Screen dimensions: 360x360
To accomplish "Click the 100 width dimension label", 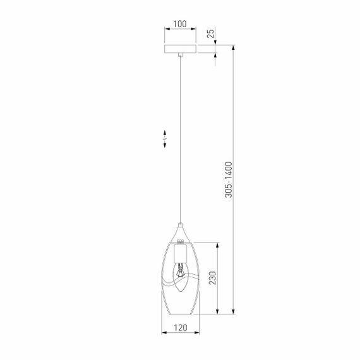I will click(x=180, y=25).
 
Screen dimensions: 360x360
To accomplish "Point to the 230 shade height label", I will click(x=212, y=279).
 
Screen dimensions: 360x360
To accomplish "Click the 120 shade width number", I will click(x=181, y=328).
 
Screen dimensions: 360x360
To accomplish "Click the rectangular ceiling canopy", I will click(x=181, y=48).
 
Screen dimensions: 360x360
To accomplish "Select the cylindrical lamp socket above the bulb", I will click(x=181, y=255).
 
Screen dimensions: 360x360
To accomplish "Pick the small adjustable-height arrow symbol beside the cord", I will click(x=164, y=140).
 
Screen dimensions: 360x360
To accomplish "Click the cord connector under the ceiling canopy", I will click(x=181, y=56).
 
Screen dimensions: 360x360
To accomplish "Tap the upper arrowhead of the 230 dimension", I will click(x=218, y=244).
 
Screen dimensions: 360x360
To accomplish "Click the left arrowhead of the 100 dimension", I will click(x=166, y=30).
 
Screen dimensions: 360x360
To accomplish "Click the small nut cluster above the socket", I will click(x=181, y=241).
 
